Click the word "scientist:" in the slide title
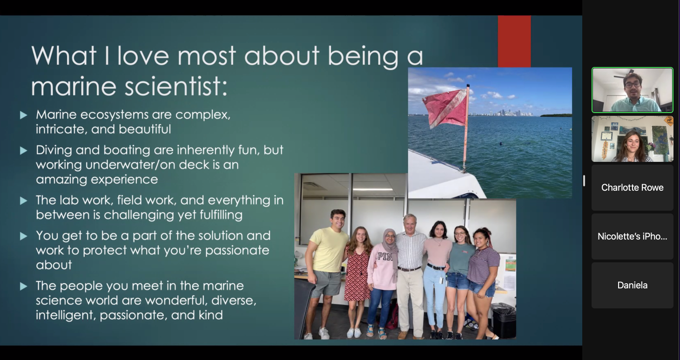coord(176,87)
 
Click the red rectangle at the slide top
coord(514,41)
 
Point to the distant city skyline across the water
coord(501,113)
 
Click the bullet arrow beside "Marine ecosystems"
coord(24,115)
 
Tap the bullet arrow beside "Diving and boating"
coord(24,150)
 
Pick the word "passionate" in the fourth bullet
coord(237,251)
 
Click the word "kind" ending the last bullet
coord(211,315)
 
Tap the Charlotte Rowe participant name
coord(633,187)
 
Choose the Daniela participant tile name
coord(633,285)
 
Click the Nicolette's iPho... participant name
coord(633,236)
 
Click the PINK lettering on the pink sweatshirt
coord(385,257)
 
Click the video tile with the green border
coord(633,90)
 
